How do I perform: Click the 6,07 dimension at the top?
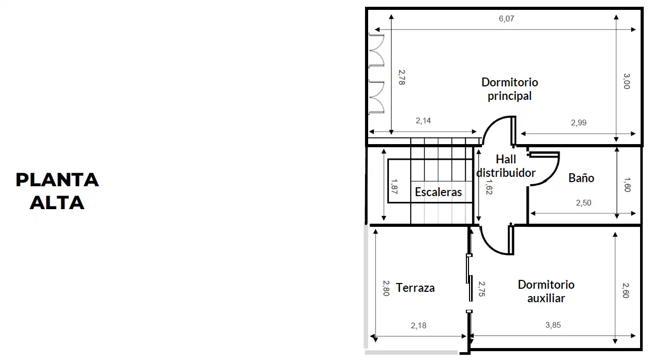click(506, 19)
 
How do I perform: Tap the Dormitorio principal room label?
click(510, 89)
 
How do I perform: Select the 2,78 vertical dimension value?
click(401, 78)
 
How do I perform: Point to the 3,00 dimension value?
click(627, 81)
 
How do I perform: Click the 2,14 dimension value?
click(423, 121)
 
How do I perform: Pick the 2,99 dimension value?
click(579, 123)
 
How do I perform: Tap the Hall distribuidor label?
click(506, 166)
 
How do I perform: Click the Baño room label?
click(581, 178)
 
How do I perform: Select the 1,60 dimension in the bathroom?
click(627, 185)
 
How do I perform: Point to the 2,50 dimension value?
click(583, 203)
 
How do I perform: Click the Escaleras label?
click(438, 192)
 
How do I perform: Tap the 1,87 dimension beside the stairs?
click(394, 186)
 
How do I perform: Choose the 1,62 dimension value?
click(489, 187)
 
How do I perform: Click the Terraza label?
click(415, 288)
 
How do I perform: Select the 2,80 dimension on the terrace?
click(386, 288)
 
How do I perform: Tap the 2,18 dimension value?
click(419, 325)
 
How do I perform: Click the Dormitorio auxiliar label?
click(546, 291)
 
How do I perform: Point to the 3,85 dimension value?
click(553, 325)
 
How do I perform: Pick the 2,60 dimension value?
click(626, 290)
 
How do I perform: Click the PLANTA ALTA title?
click(57, 191)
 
